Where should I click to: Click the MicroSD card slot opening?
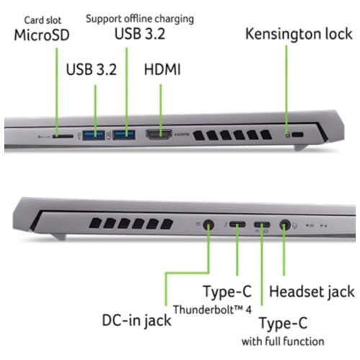click(x=63, y=136)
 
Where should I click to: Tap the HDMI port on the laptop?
click(x=159, y=135)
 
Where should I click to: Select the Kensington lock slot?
click(x=298, y=135)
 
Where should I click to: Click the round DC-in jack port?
click(x=208, y=225)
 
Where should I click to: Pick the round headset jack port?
click(x=285, y=225)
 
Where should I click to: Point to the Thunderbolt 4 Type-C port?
click(x=237, y=225)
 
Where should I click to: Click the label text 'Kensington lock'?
click(x=299, y=34)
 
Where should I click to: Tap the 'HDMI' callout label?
click(x=162, y=70)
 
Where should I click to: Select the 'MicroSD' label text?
click(x=42, y=35)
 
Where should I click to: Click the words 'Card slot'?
click(x=42, y=20)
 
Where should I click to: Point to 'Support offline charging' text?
click(x=140, y=19)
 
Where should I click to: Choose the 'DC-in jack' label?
click(x=137, y=320)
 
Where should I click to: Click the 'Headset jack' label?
click(x=312, y=292)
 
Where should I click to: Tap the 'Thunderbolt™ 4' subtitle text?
click(x=212, y=310)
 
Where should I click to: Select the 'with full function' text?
click(x=283, y=341)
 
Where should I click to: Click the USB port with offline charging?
click(x=124, y=135)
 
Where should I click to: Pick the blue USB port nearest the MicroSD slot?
click(x=94, y=135)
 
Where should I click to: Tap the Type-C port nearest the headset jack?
click(x=262, y=225)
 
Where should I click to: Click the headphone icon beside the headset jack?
click(x=295, y=226)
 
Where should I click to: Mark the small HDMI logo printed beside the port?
click(x=181, y=135)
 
